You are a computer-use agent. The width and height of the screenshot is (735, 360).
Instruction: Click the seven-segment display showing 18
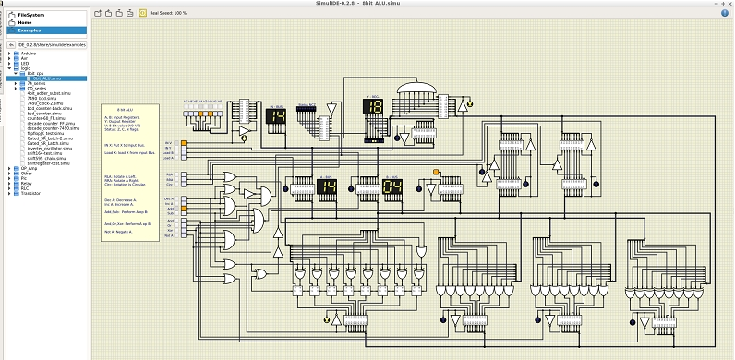[x=372, y=107]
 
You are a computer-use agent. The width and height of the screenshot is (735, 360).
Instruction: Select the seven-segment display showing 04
[x=391, y=187]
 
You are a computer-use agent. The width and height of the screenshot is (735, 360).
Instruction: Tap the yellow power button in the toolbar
[x=141, y=13]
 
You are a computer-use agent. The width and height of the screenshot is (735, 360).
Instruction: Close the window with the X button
[x=728, y=4]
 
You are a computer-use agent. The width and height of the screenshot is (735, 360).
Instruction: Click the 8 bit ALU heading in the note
[x=127, y=110]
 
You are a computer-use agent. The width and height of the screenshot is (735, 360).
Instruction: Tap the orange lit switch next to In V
[x=184, y=143]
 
